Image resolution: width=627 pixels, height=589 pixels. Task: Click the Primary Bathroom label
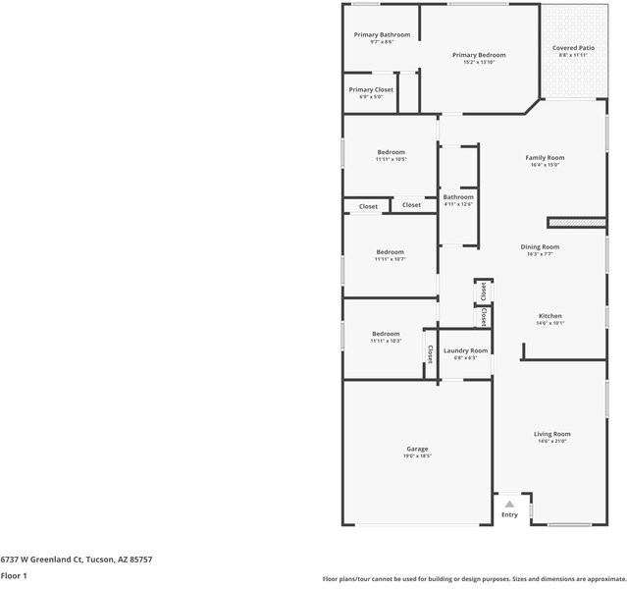click(382, 34)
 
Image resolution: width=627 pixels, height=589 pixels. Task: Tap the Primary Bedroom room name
click(479, 55)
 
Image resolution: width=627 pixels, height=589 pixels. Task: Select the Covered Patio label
click(572, 47)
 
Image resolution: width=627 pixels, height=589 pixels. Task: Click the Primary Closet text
click(370, 89)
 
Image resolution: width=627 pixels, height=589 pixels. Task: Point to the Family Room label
click(545, 157)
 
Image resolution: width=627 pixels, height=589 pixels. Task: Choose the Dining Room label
click(540, 246)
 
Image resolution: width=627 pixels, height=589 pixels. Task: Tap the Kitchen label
click(549, 316)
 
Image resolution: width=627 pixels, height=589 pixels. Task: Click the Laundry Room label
click(465, 350)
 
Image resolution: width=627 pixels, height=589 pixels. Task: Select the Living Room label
click(552, 434)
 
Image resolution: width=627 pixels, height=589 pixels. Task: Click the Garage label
click(417, 449)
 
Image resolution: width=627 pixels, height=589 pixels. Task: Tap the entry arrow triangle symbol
click(509, 504)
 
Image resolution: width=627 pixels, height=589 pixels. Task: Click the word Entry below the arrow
click(509, 514)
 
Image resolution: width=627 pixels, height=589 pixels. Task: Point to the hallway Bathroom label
click(458, 197)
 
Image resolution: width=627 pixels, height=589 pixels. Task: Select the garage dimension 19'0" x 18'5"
click(417, 455)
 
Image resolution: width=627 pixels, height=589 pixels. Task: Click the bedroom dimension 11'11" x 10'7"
click(390, 259)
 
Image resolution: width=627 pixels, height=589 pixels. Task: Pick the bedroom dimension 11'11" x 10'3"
click(386, 341)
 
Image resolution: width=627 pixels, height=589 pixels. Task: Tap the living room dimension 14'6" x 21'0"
click(552, 441)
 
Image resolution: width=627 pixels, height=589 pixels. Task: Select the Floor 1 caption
click(14, 575)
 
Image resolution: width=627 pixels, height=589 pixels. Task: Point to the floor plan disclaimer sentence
click(473, 578)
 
